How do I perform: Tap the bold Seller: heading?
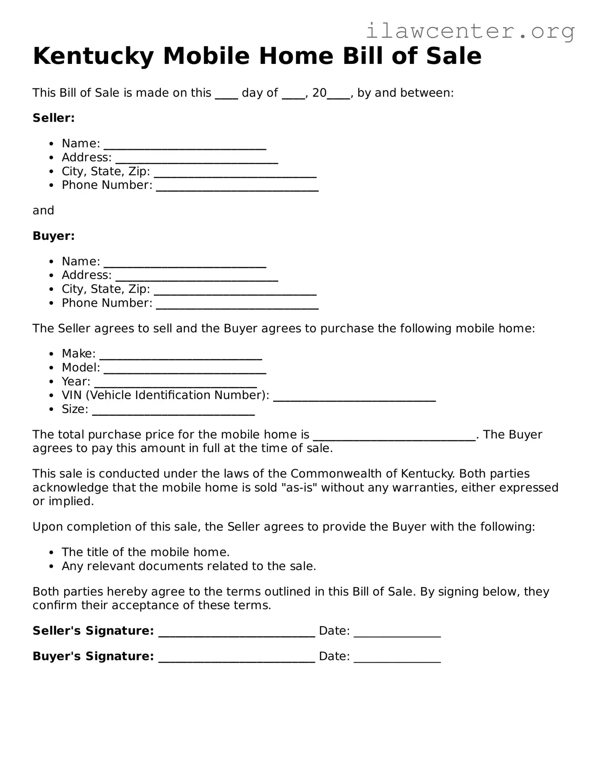53,118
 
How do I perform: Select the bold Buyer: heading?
53,236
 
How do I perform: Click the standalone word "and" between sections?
43,210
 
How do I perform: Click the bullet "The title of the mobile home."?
145,552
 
